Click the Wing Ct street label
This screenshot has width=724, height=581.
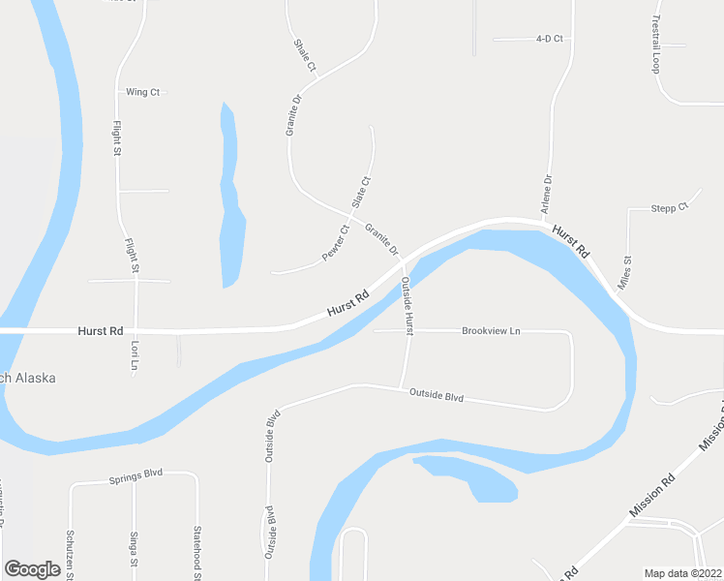point(142,92)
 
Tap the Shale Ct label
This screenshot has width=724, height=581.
point(305,55)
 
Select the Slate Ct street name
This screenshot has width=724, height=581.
point(360,192)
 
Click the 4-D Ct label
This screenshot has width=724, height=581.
point(549,40)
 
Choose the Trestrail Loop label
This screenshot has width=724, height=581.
point(655,45)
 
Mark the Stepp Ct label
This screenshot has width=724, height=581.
point(669,207)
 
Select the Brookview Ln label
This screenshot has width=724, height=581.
point(491,331)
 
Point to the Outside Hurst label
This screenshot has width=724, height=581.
point(407,304)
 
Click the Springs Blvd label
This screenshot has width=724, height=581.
point(136,474)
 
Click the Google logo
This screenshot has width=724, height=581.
point(32,569)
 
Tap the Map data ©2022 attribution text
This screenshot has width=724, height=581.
point(683,573)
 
